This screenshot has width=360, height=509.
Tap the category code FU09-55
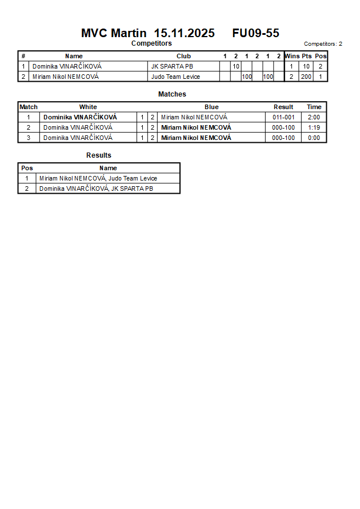pyautogui.click(x=255, y=33)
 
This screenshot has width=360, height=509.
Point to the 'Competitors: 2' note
pyautogui.click(x=323, y=44)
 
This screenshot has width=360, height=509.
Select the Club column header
pyautogui.click(x=183, y=56)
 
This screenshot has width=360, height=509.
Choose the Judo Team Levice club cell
pyautogui.click(x=175, y=77)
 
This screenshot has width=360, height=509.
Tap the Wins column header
pyautogui.click(x=291, y=56)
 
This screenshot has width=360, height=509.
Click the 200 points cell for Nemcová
pyautogui.click(x=306, y=77)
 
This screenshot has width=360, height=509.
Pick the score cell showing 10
pyautogui.click(x=235, y=66)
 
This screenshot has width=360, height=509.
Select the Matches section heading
pyautogui.click(x=172, y=94)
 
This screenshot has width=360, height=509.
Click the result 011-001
pyautogui.click(x=283, y=117)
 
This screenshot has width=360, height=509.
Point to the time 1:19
pyautogui.click(x=314, y=127)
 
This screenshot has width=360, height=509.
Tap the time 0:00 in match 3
pyautogui.click(x=314, y=138)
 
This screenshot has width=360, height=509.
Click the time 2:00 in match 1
pyautogui.click(x=314, y=117)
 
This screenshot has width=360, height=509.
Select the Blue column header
pyautogui.click(x=211, y=107)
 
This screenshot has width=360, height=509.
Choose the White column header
pyautogui.click(x=88, y=107)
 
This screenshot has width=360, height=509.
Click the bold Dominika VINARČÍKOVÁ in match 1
pyautogui.click(x=80, y=117)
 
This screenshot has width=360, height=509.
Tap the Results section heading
pyautogui.click(x=99, y=155)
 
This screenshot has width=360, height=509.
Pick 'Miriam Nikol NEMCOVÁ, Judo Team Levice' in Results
pyautogui.click(x=98, y=178)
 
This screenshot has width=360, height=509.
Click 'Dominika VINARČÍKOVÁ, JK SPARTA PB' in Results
pyautogui.click(x=96, y=189)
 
